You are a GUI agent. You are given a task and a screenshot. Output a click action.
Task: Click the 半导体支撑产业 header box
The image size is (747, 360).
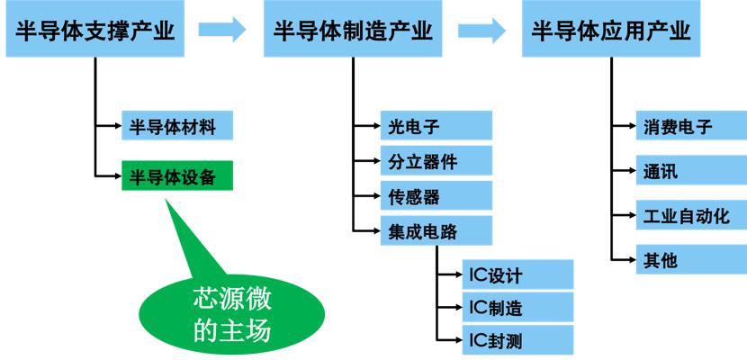click(x=94, y=31)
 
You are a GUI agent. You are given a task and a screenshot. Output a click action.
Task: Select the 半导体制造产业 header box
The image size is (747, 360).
click(x=352, y=31)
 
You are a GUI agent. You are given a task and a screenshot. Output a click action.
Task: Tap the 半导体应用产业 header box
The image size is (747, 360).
click(x=611, y=31)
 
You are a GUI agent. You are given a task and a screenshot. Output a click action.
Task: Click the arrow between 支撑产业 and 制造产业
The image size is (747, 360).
click(x=222, y=31)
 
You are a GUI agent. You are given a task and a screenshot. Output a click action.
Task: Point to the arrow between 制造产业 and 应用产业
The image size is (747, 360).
click(x=481, y=31)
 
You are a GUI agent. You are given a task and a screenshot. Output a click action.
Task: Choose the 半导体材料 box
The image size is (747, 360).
click(x=176, y=126)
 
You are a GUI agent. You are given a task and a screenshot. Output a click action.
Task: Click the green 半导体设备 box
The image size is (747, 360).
click(x=176, y=175)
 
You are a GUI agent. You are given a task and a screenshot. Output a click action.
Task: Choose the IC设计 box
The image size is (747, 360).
click(x=517, y=274)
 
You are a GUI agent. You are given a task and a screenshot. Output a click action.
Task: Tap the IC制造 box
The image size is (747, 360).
click(x=517, y=308)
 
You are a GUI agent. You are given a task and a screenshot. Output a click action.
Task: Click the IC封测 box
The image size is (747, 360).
click(x=517, y=341)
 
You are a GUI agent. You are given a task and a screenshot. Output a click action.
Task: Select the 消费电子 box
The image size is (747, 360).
click(x=689, y=127)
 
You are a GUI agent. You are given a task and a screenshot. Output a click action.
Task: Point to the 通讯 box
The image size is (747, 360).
click(x=689, y=172)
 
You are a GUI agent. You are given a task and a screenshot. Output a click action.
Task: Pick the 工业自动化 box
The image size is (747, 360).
click(x=689, y=216)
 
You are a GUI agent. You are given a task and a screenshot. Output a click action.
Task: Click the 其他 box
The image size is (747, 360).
click(x=689, y=260)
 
